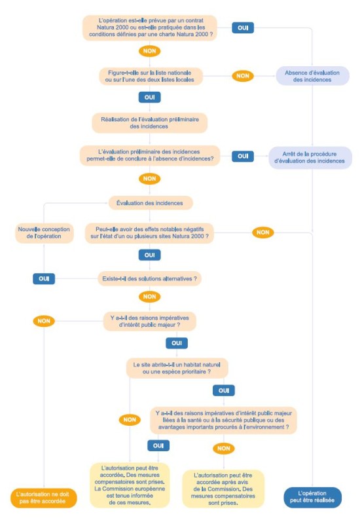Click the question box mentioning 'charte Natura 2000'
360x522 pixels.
pos(150,28)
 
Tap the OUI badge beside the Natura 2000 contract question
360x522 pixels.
pos(243,28)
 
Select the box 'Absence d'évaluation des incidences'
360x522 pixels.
pos(312,76)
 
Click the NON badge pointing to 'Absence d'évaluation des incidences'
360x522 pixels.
pos(243,76)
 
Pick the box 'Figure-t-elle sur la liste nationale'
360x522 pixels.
pos(150,76)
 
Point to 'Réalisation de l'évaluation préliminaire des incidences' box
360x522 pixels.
pos(150,123)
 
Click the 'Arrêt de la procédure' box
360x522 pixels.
pos(310,157)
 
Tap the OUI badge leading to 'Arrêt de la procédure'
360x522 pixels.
pos(243,156)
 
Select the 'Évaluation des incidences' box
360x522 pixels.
pos(150,203)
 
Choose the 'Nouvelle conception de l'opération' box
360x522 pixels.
pos(44,233)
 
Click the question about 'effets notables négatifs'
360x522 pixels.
pos(150,233)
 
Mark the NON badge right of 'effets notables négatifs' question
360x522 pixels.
pos(263,233)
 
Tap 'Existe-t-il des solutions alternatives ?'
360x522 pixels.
pos(150,278)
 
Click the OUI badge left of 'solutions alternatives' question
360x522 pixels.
pos(44,278)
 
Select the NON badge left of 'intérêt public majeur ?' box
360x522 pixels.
pos(44,321)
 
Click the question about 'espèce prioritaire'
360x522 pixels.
pos(177,368)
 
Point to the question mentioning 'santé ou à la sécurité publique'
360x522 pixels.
pos(224,420)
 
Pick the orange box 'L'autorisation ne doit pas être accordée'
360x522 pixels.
pos(43,498)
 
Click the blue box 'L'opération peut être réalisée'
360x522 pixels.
pos(312,497)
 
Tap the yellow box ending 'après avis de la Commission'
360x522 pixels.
pos(223,489)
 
